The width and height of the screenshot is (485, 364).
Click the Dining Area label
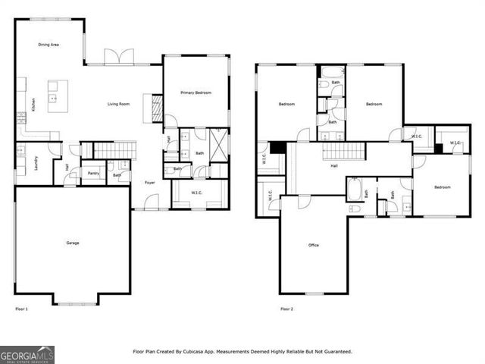coord(49,45)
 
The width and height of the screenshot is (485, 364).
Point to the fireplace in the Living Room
coord(158,108)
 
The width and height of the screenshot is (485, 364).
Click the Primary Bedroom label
coord(196,93)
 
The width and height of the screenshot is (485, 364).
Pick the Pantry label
coord(92,174)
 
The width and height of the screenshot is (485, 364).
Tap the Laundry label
coord(36,164)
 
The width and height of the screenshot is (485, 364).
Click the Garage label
coord(73,243)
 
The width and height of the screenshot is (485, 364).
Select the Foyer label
coord(150,183)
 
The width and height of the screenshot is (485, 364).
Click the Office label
coord(313,245)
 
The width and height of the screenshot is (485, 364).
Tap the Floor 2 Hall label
coord(333,166)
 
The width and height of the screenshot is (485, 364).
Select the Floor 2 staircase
coord(339,151)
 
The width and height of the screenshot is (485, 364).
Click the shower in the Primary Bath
coord(218,143)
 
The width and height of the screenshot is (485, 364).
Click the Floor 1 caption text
coord(21,309)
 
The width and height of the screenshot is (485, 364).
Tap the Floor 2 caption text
coord(286,309)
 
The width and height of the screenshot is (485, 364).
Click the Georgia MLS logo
coord(27,354)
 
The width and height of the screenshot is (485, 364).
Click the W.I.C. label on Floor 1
coord(196,193)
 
